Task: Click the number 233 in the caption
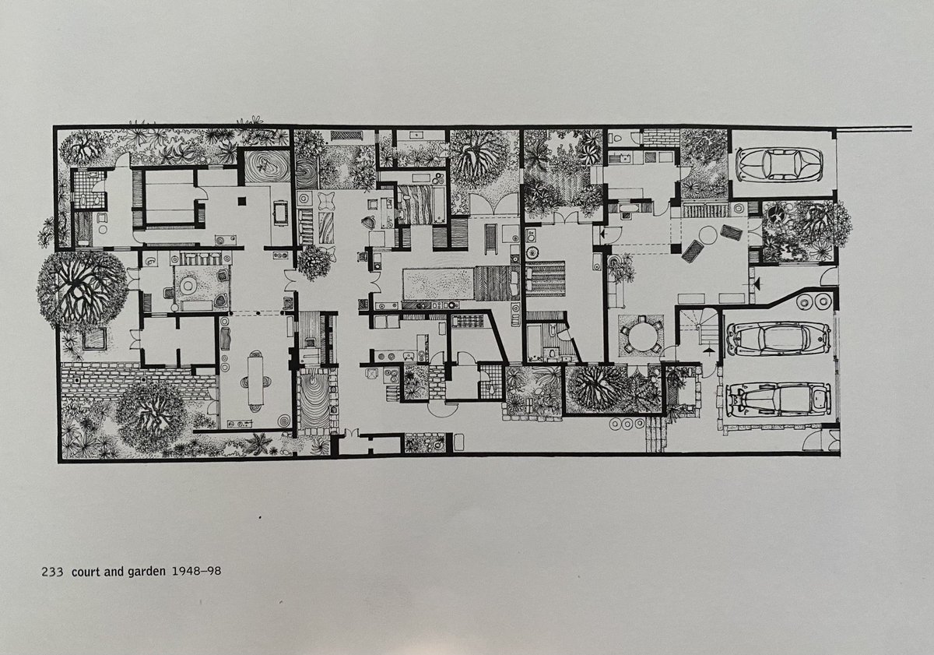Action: pyautogui.click(x=52, y=572)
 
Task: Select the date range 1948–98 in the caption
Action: pyautogui.click(x=196, y=571)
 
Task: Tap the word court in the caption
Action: pyautogui.click(x=86, y=572)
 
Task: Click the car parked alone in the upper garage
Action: pyautogui.click(x=779, y=164)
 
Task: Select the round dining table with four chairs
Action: pyautogui.click(x=641, y=336)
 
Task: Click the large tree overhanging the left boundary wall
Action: pyautogui.click(x=82, y=289)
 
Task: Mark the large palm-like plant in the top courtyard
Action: pyautogui.click(x=479, y=160)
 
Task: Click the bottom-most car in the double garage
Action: pyautogui.click(x=778, y=400)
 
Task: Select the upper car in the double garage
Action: pyautogui.click(x=778, y=338)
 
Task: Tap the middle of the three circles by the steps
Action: pyautogui.click(x=627, y=424)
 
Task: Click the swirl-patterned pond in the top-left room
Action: pyautogui.click(x=267, y=166)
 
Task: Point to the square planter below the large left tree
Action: pyautogui.click(x=95, y=338)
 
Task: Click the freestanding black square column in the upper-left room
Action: pyautogui.click(x=242, y=202)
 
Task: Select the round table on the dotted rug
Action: pyautogui.click(x=188, y=285)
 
